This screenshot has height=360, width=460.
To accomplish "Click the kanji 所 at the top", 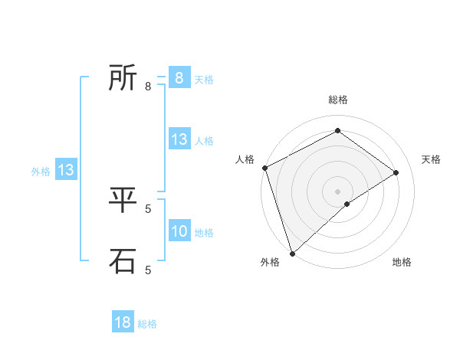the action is pyautogui.click(x=123, y=77).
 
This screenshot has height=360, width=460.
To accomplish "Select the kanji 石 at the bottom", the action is pyautogui.click(x=123, y=260).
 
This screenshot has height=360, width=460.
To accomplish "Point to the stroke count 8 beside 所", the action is pyautogui.click(x=148, y=87).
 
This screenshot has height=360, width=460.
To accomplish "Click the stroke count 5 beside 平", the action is pyautogui.click(x=148, y=208).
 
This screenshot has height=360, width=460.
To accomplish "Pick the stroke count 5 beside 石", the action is pyautogui.click(x=148, y=270).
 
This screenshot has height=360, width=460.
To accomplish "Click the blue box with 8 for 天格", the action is pyautogui.click(x=179, y=78).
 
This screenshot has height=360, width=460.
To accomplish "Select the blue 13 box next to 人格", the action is pyautogui.click(x=179, y=139).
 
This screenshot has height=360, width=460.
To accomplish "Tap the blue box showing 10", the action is pyautogui.click(x=179, y=231).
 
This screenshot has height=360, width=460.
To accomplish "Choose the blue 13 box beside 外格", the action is pyautogui.click(x=66, y=170).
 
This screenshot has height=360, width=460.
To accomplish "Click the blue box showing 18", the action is pyautogui.click(x=123, y=322).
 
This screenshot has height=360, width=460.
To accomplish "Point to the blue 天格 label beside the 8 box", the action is pyautogui.click(x=204, y=80).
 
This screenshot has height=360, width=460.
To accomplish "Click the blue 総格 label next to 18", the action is pyautogui.click(x=147, y=324).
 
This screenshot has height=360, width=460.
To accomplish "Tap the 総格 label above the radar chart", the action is pyautogui.click(x=337, y=100).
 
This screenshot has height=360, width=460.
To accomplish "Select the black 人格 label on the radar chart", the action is pyautogui.click(x=245, y=159).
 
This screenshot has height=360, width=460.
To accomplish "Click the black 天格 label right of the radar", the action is pyautogui.click(x=432, y=159).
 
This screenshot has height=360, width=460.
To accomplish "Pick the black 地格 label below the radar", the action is pyautogui.click(x=402, y=263).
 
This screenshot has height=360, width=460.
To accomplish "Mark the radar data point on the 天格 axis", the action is pyautogui.click(x=396, y=172).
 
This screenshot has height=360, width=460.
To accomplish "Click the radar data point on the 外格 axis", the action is pyautogui.click(x=292, y=253).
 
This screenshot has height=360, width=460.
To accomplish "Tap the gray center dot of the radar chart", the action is pyautogui.click(x=337, y=191).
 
